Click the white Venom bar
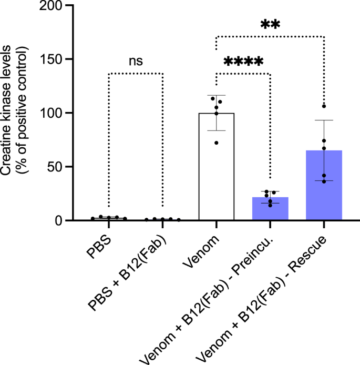216,168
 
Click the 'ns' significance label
136,62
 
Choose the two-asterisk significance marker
270,25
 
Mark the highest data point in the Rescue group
324,106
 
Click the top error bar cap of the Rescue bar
324,120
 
